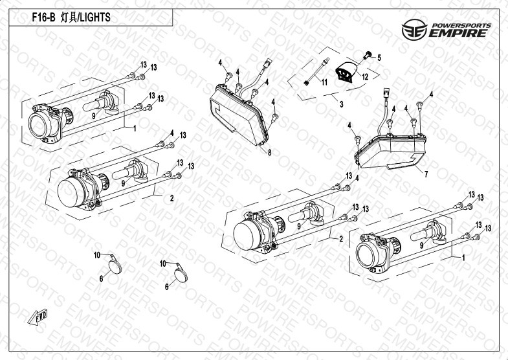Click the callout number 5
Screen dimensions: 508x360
(379, 58)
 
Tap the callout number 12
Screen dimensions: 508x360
(365, 77)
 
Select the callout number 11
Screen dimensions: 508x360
(324, 82)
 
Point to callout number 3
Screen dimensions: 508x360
(342, 104)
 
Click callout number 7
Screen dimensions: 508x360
(426, 174)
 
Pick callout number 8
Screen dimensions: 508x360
(270, 153)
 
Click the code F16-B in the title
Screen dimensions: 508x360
(43, 17)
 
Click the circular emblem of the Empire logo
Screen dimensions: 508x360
(414, 30)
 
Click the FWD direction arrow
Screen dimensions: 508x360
(38, 317)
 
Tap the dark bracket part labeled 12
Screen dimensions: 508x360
(346, 71)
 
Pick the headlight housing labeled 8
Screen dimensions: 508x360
(239, 115)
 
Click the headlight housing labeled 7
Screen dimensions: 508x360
(391, 152)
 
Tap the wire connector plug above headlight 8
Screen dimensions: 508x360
(268, 63)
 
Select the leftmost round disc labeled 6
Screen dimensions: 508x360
(115, 267)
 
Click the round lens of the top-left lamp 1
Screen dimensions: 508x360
(39, 125)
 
